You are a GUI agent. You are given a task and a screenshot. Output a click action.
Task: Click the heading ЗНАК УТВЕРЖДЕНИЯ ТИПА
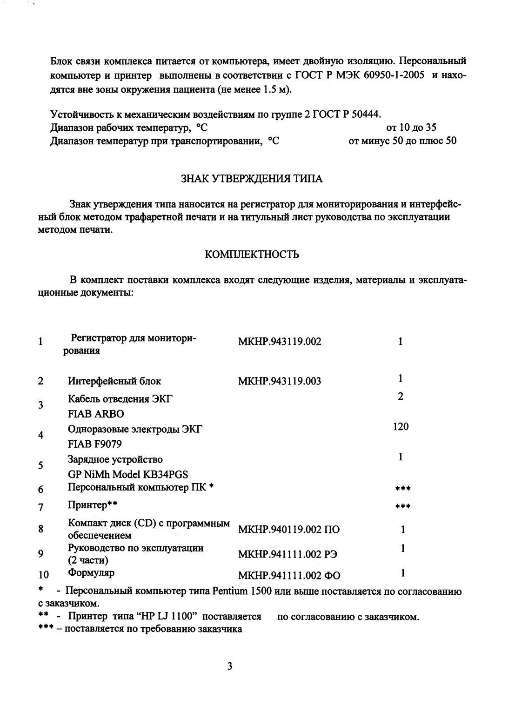tap(251, 179)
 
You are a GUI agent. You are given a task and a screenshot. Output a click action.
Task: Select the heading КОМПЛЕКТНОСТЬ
tap(252, 255)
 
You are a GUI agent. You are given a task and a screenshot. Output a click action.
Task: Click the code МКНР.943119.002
tap(280, 342)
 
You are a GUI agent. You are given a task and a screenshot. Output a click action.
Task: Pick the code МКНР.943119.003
tap(280, 382)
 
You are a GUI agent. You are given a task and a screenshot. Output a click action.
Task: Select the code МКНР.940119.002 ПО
tap(288, 530)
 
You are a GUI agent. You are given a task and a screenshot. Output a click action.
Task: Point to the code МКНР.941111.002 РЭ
tap(287, 554)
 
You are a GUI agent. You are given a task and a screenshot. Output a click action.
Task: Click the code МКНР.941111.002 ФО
tap(289, 576)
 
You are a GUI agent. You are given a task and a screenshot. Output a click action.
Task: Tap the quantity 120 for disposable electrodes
tap(400, 426)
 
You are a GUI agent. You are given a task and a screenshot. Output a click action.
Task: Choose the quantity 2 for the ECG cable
tap(400, 396)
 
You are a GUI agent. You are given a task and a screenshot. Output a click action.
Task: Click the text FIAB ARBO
tap(96, 414)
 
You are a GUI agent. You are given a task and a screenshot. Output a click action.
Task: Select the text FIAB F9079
tap(95, 444)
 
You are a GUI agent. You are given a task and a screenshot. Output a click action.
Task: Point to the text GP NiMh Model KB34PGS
tap(128, 474)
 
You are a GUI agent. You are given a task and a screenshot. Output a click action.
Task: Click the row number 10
tap(43, 575)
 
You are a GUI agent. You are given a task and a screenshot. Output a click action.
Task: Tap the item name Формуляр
tap(91, 572)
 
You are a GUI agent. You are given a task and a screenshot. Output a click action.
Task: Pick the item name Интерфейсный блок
tap(114, 381)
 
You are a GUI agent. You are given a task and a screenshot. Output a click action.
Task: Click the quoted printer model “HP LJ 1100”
tap(161, 617)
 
